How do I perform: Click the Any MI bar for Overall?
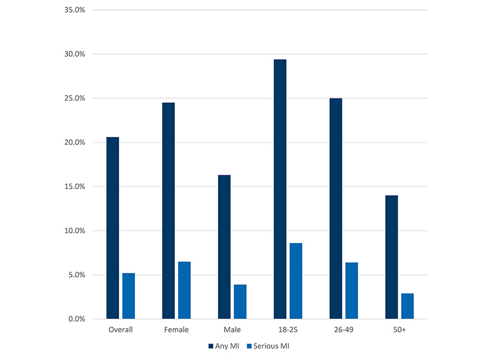(x=112, y=228)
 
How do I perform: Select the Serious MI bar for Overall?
(x=128, y=296)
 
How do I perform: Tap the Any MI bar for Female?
(x=168, y=211)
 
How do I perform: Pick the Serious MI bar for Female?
(x=184, y=290)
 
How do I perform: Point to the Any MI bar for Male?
(x=224, y=247)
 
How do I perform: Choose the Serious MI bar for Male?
(x=240, y=301)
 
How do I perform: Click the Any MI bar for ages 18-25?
(x=280, y=189)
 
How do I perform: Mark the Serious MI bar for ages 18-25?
(x=295, y=281)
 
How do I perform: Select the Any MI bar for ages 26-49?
(x=336, y=208)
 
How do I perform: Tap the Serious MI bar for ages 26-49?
(x=351, y=290)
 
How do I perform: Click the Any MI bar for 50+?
(x=391, y=257)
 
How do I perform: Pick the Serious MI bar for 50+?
(x=407, y=306)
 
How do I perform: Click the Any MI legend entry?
(x=224, y=346)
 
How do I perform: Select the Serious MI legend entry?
(x=268, y=346)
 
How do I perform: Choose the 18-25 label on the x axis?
(x=287, y=330)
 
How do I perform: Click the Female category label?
(x=176, y=330)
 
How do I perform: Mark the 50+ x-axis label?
(x=399, y=330)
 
